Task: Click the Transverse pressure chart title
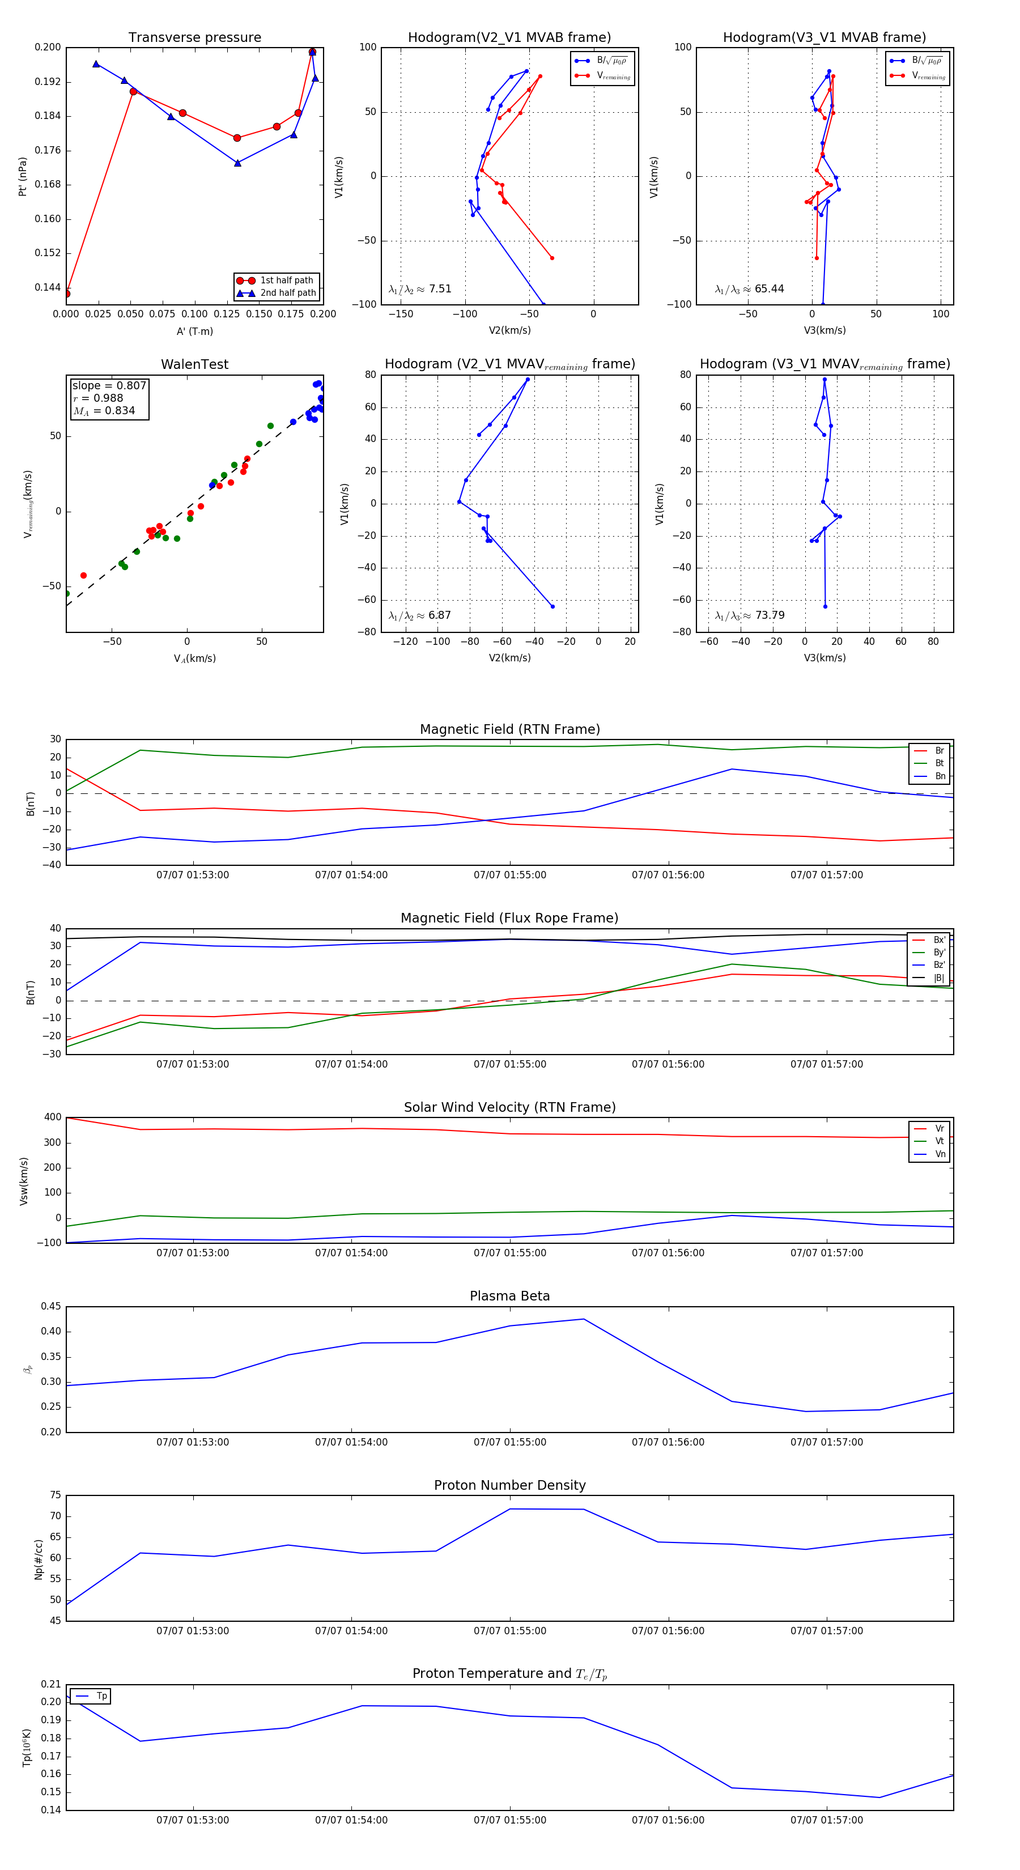point(194,38)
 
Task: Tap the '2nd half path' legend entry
point(287,294)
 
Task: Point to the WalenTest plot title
point(194,364)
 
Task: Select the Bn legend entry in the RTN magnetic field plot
point(940,776)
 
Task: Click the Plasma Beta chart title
point(509,1297)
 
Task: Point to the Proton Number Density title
point(509,1485)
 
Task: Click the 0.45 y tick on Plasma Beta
point(51,1307)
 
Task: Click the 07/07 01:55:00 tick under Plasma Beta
point(509,1442)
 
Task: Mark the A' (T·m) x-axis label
point(194,331)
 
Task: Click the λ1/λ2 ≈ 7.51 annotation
point(419,289)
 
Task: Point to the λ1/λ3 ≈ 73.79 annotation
point(749,615)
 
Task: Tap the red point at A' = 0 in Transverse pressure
point(67,294)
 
